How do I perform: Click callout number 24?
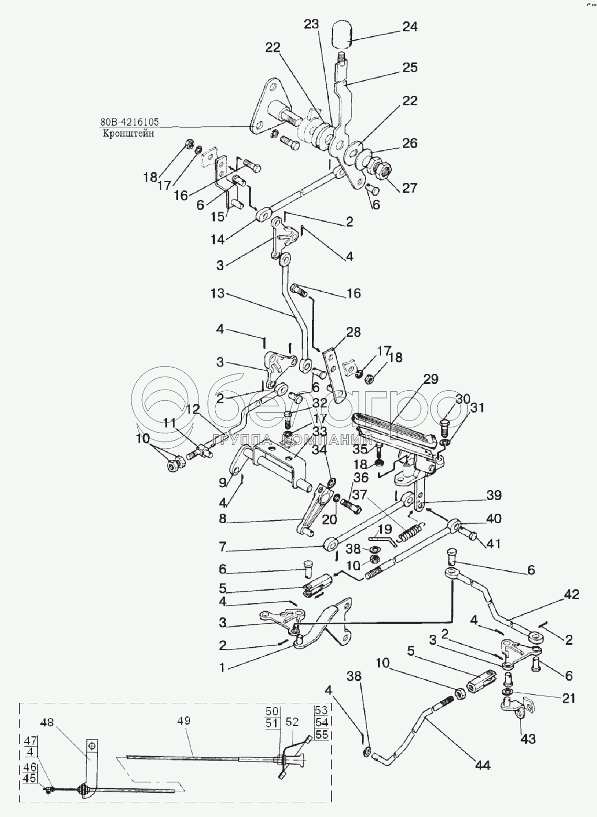tap(410, 27)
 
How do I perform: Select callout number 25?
tap(410, 68)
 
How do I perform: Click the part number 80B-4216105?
tap(129, 123)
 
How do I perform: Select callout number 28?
tap(353, 332)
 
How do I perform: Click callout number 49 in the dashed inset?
tap(183, 721)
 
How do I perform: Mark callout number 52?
tap(292, 722)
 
